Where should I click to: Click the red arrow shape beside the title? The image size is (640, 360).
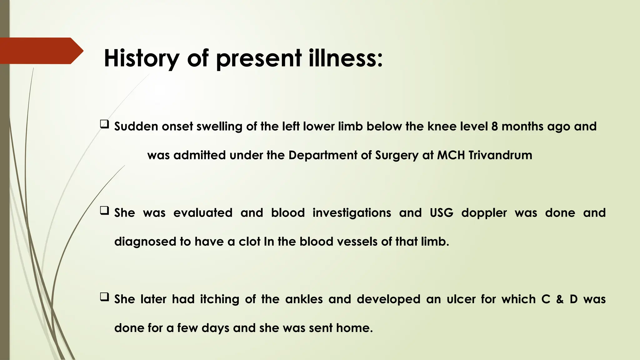click(41, 51)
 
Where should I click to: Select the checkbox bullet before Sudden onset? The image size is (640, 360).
click(104, 124)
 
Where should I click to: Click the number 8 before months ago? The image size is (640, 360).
click(494, 126)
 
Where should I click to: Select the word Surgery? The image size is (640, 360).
click(397, 155)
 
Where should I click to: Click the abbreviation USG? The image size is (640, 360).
click(441, 213)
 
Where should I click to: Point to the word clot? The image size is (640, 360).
click(249, 242)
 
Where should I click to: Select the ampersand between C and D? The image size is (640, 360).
click(560, 299)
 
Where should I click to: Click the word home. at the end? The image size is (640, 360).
click(354, 328)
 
